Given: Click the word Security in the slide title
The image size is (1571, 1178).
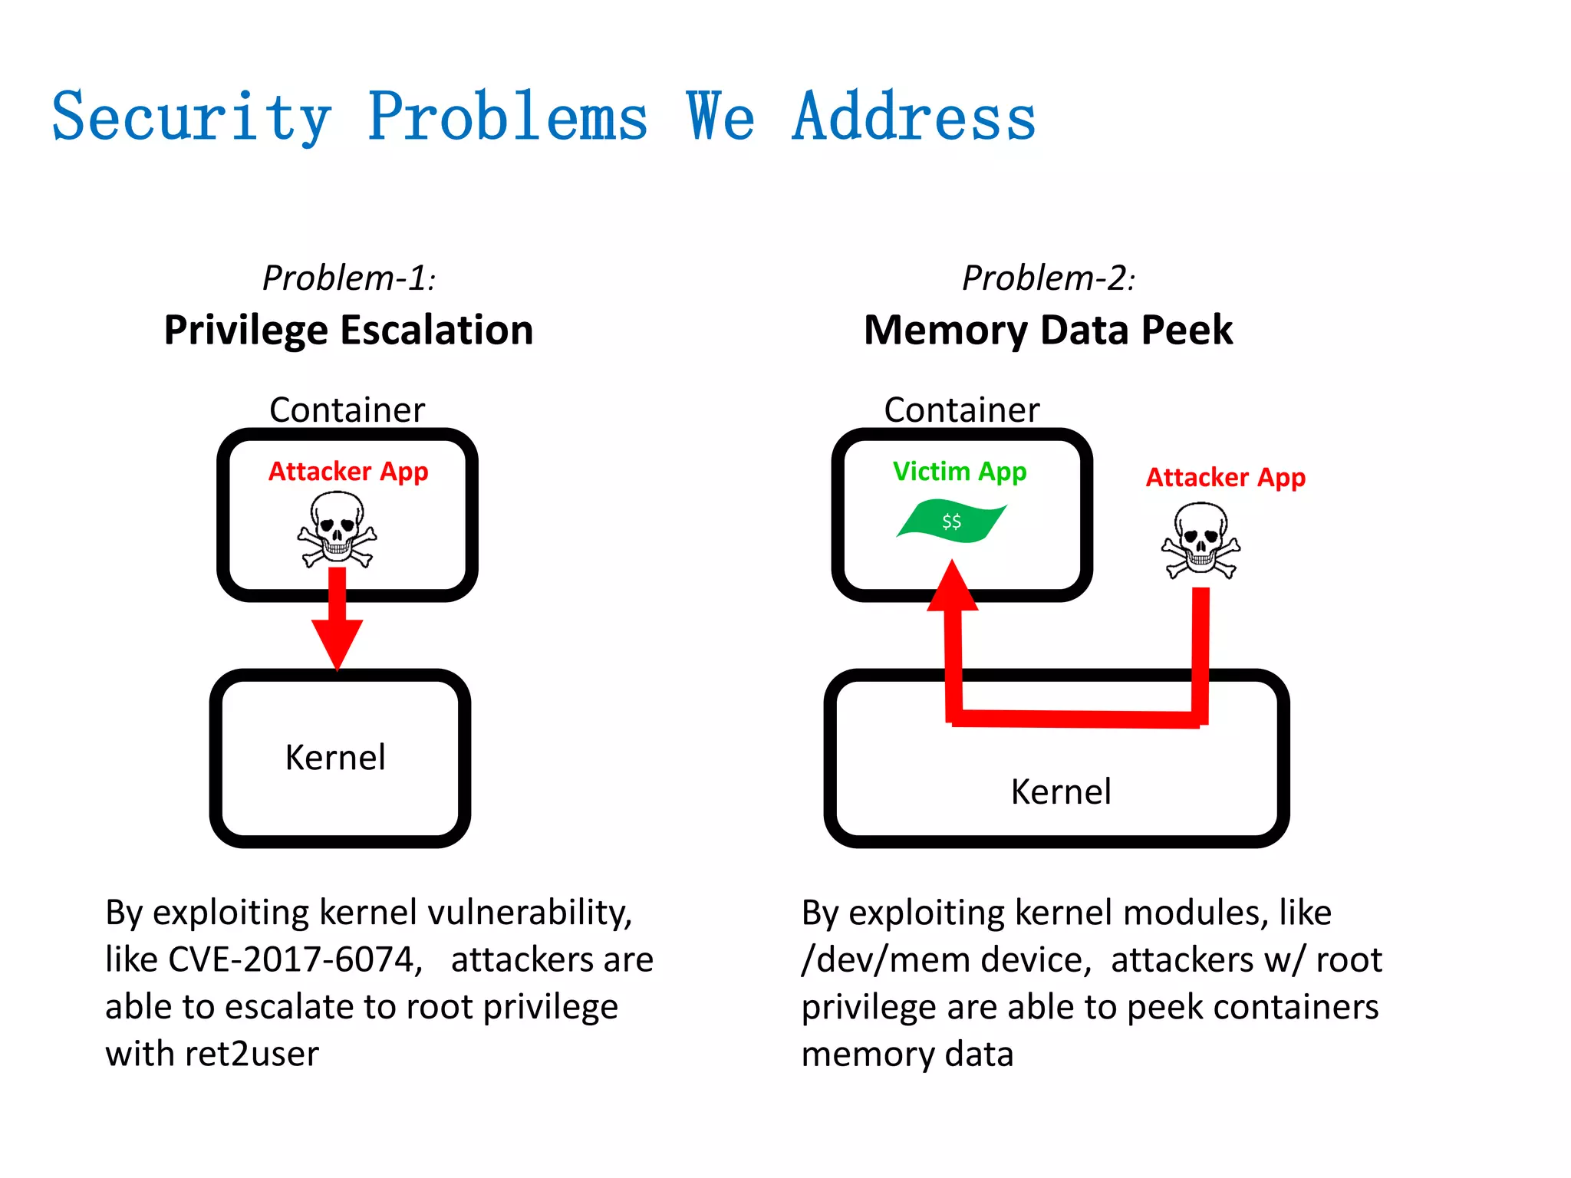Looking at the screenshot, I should point(191,117).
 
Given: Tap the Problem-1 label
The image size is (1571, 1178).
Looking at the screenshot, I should point(349,278).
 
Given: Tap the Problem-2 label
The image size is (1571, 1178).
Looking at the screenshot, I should point(1048,278).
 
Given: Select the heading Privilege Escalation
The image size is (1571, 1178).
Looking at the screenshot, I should point(348,331).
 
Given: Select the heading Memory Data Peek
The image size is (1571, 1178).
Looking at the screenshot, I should point(1048,331).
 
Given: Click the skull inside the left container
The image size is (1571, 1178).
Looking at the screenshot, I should point(338,529).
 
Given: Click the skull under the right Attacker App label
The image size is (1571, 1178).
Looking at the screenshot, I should point(1200,540).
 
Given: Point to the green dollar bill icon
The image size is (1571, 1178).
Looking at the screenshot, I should point(951,521).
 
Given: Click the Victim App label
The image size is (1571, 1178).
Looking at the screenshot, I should point(959,471).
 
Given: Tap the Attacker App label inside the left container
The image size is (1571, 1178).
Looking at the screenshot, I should point(348,471).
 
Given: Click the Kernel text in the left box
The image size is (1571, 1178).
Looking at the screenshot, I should point(335,758).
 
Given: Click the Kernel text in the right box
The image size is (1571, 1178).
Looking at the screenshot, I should point(1060,791).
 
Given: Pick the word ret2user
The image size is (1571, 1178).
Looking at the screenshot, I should point(252,1054).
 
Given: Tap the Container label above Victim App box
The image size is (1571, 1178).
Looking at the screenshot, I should point(961,410).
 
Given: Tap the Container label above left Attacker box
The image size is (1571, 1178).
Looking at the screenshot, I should point(347,410).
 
